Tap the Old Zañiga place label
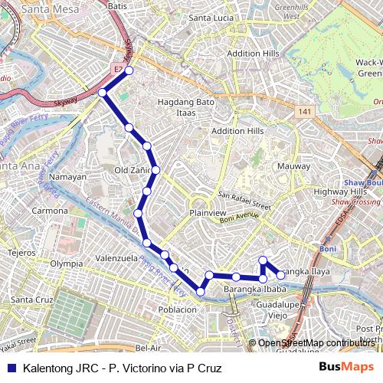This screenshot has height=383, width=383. (133, 170)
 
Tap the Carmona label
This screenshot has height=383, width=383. (49, 210)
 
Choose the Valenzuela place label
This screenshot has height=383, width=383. (114, 258)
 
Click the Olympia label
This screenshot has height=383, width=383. (66, 263)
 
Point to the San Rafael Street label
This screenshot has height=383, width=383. (244, 201)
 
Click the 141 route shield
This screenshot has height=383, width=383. (306, 112)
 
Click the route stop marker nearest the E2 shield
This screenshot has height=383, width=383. (129, 70)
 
